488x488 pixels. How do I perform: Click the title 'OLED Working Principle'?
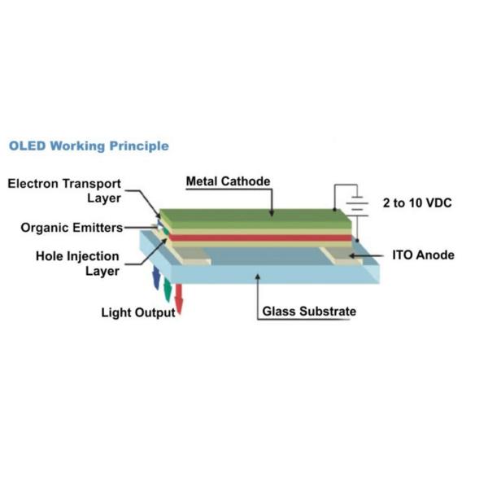point(89,146)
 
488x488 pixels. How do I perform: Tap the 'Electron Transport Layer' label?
point(64,190)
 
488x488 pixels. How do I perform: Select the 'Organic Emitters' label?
point(72,228)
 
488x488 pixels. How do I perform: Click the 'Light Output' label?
point(137,312)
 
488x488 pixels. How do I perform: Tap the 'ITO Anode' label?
point(423,255)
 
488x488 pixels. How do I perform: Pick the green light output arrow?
point(168,289)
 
